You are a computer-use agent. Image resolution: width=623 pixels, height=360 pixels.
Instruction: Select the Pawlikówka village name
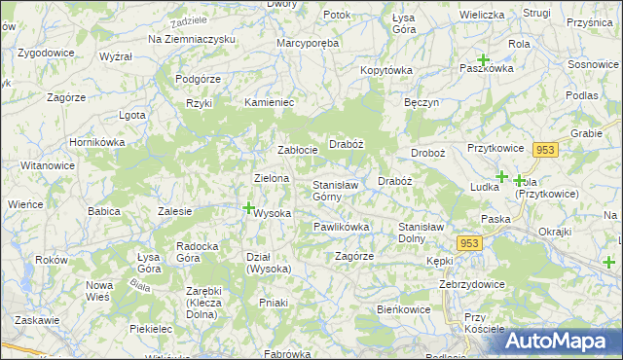[x=341, y=227]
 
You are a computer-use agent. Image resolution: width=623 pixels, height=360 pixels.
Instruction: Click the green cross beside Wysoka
[x=248, y=207]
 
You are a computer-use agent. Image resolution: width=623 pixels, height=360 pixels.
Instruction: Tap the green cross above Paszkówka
[x=483, y=60]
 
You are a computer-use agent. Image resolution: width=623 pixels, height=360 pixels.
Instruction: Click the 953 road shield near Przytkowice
[x=544, y=149]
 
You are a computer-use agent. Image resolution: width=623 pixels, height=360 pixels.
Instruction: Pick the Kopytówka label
[x=386, y=70]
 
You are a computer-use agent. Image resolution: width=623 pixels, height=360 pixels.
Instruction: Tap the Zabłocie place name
[x=298, y=150]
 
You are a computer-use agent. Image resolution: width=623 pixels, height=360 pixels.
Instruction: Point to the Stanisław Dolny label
[x=425, y=233]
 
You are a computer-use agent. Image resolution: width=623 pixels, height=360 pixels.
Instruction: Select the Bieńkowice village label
[x=404, y=308]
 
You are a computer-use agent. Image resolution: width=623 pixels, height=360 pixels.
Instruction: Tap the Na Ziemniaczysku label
[x=192, y=38]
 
